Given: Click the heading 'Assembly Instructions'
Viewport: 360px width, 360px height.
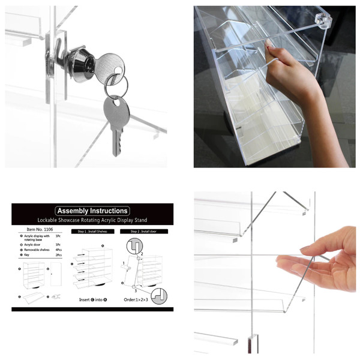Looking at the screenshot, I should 92,211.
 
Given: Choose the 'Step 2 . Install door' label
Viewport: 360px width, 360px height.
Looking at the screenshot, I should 143,231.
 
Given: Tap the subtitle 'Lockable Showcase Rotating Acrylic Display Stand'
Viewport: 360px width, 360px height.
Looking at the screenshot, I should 92,220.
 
